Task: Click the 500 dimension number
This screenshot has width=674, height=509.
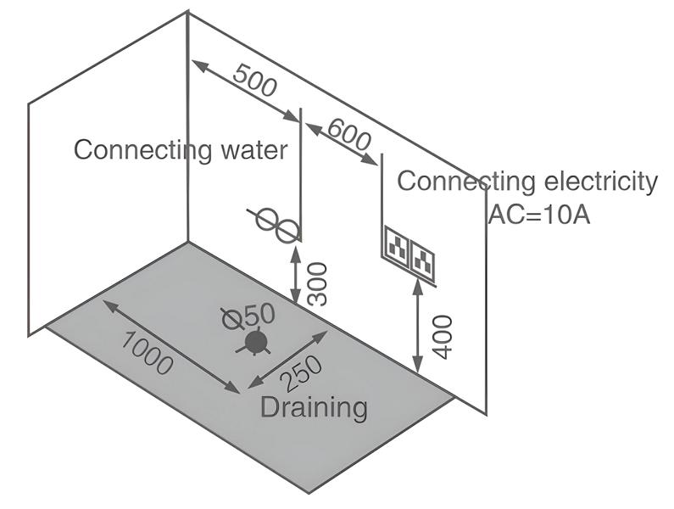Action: pos(254,82)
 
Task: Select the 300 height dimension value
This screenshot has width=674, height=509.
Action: pos(316,283)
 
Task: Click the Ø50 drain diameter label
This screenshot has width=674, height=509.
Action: pos(248,316)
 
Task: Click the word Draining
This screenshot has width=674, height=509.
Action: pos(314,407)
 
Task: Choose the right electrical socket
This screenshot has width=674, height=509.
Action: pos(423,259)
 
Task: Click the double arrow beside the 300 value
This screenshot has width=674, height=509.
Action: pos(295,272)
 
